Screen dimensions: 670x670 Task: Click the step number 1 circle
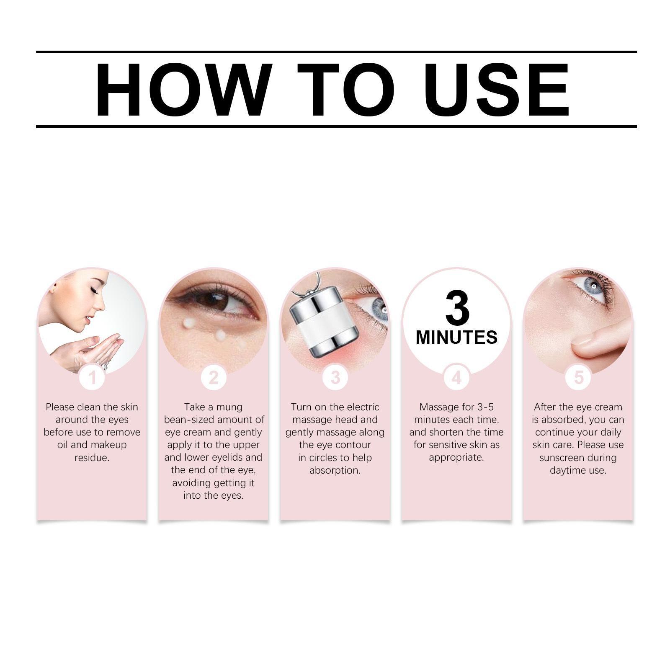[x=92, y=378]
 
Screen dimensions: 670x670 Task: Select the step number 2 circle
[x=214, y=378]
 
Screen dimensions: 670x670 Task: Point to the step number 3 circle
[x=335, y=378]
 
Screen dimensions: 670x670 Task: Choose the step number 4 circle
[x=456, y=378]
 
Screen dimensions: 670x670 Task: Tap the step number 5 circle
[x=578, y=378]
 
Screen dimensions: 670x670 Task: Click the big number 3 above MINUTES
[x=457, y=309]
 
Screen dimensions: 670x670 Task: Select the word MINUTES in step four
[x=456, y=338]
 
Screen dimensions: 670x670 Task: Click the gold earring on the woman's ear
[x=53, y=289]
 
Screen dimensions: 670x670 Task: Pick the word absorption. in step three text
[x=335, y=470]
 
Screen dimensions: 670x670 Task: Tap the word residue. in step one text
[x=92, y=458]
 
